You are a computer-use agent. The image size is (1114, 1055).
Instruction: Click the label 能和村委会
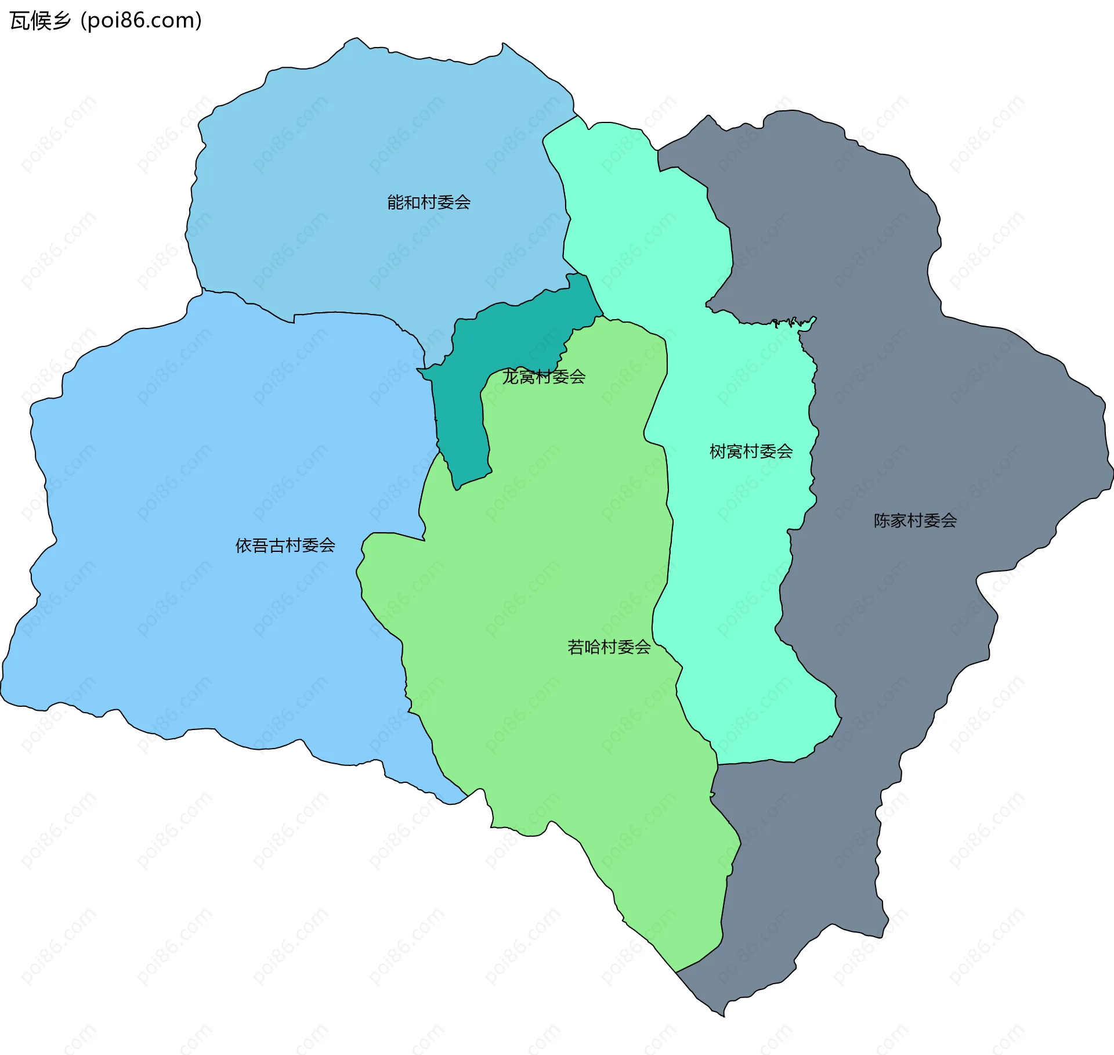[x=429, y=203]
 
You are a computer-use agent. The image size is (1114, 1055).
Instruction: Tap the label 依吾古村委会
[x=285, y=545]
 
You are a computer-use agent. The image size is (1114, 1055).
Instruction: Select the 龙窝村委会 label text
[x=544, y=377]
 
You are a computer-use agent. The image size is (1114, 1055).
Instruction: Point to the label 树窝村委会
[x=751, y=451]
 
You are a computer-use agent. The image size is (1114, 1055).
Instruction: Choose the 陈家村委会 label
[x=915, y=521]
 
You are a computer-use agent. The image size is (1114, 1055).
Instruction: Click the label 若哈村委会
[x=609, y=647]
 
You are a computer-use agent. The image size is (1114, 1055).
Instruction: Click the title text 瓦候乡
[x=40, y=21]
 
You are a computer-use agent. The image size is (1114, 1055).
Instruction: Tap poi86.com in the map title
[x=141, y=21]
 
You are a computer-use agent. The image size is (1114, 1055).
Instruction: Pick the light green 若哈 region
[x=551, y=580]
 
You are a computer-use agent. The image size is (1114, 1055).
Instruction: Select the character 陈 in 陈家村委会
[x=882, y=521]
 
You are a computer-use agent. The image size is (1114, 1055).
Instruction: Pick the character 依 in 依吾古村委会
[x=243, y=545]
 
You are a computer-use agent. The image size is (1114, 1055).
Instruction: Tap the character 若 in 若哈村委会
[x=576, y=647]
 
